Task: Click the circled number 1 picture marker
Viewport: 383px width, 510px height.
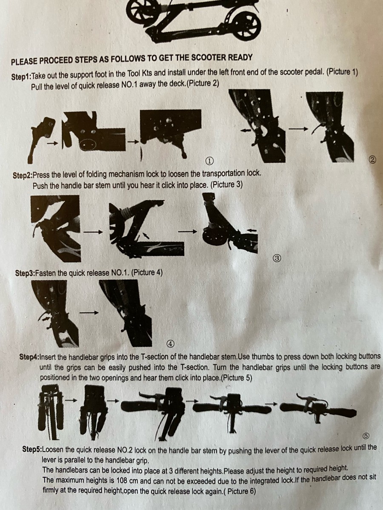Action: (x=209, y=161)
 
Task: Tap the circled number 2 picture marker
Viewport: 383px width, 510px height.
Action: (x=372, y=159)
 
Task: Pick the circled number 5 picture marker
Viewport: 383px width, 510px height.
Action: (x=366, y=436)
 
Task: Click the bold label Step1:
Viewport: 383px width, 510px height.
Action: (x=21, y=76)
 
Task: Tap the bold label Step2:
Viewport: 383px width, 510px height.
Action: (x=23, y=175)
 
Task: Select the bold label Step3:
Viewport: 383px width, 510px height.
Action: (x=25, y=273)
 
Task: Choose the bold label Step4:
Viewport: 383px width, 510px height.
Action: (x=29, y=357)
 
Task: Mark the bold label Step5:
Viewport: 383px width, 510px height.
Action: (x=32, y=449)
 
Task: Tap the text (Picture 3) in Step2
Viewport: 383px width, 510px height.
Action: (x=226, y=185)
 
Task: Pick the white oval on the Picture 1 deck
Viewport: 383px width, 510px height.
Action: (x=88, y=144)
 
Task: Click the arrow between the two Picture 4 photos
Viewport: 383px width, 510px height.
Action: (x=89, y=313)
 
